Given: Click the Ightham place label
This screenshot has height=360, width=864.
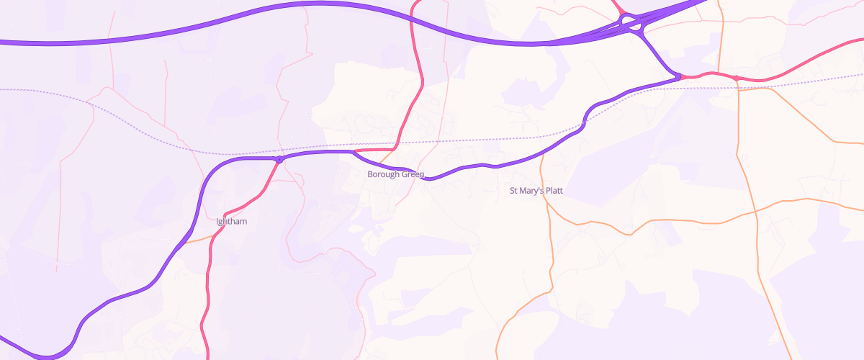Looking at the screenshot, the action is pos(232,222).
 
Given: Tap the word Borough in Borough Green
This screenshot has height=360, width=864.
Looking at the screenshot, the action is pos(382,175).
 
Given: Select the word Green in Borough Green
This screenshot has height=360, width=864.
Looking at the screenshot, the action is pos(412,175).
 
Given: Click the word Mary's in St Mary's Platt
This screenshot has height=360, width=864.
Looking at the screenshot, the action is pos(531,192).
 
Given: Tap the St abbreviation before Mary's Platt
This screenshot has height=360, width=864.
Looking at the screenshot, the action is pos(514,192).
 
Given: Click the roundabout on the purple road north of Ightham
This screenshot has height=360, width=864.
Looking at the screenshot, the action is pos(279,159).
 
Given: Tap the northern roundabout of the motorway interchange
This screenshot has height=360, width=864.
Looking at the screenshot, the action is pos(625,17).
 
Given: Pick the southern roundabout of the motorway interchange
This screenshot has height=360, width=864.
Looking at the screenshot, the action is pos(636,27).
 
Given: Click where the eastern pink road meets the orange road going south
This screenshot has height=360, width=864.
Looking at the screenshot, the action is pos(737,78).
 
